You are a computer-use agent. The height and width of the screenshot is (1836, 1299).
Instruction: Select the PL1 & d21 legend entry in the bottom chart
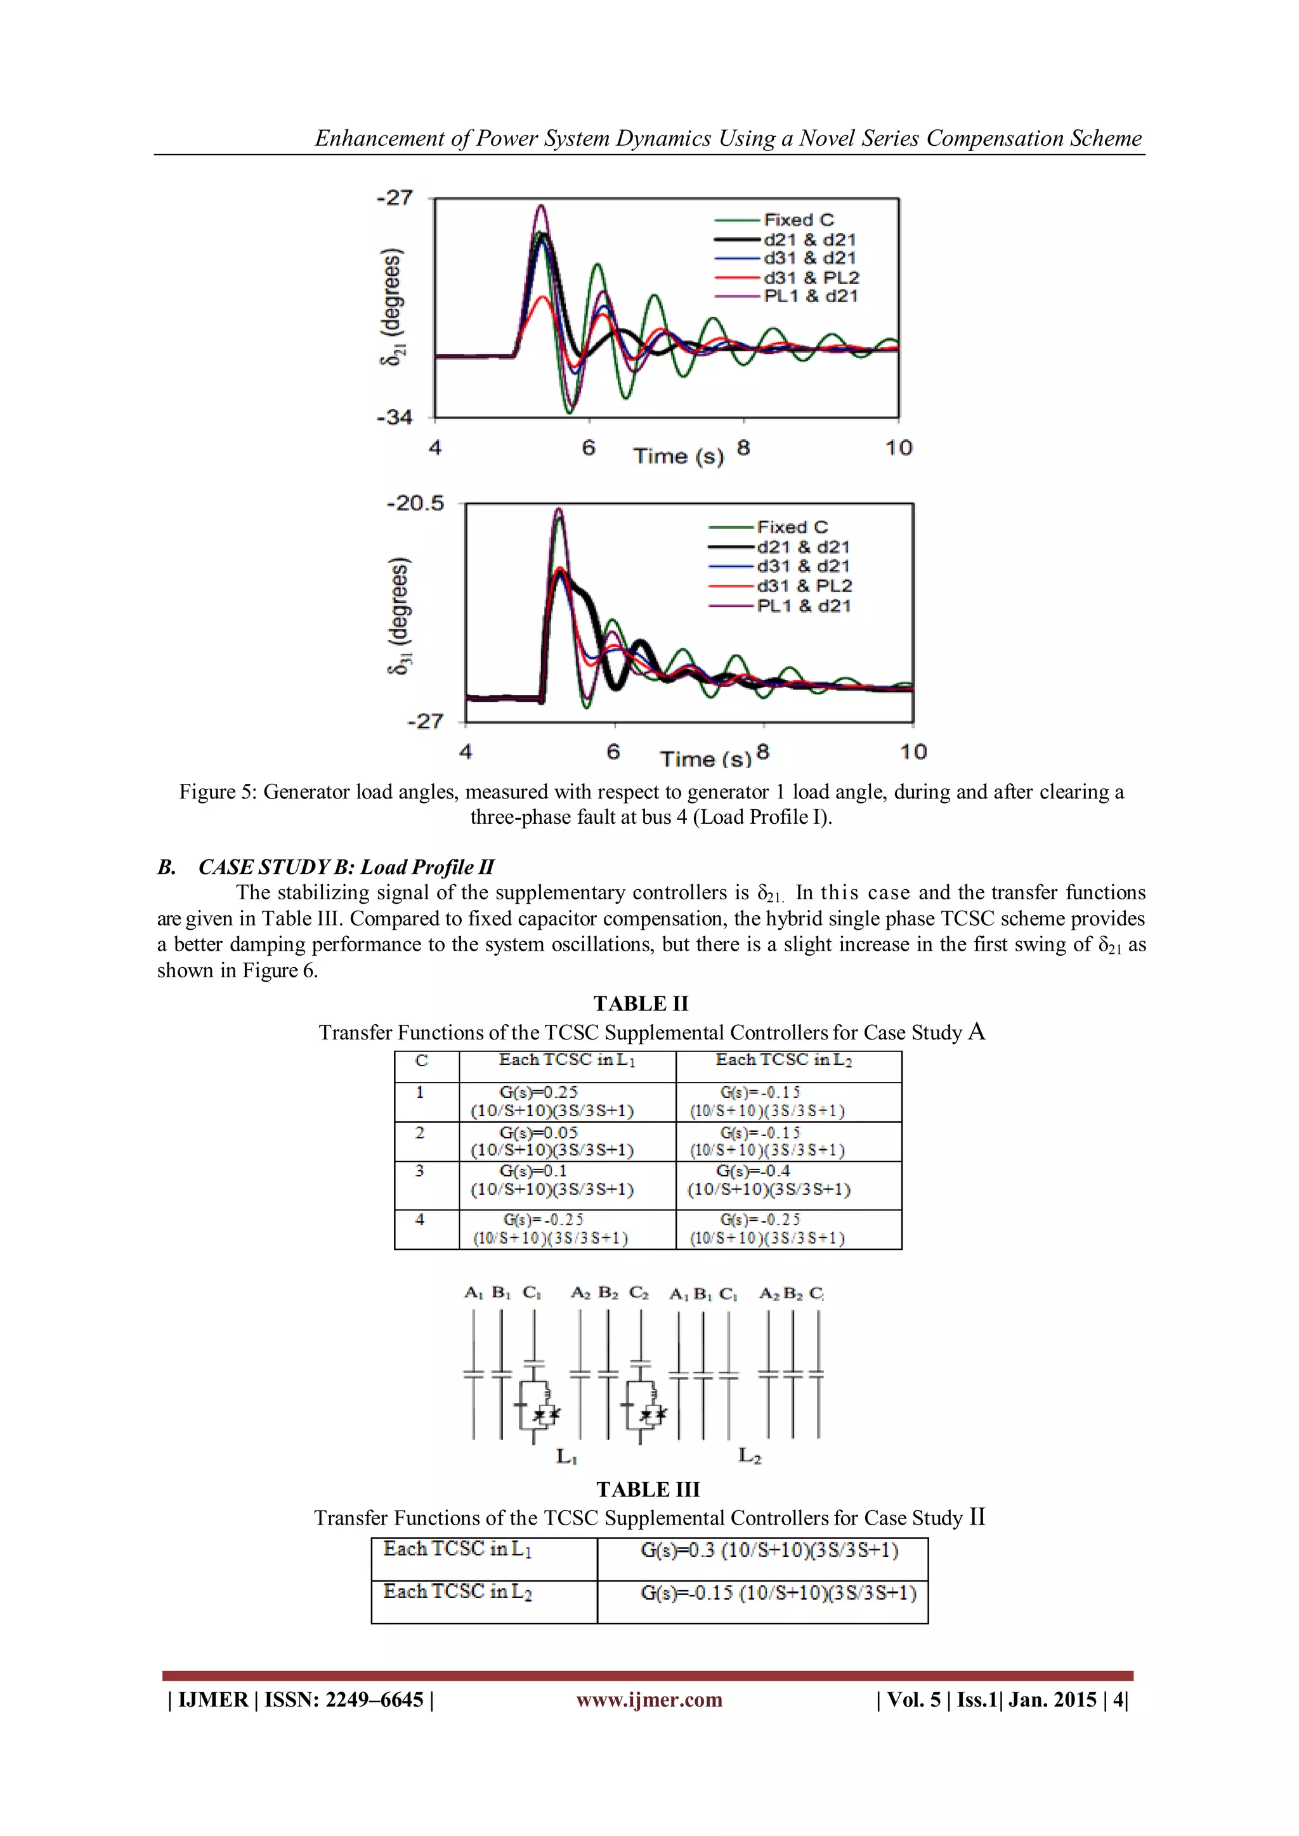tap(803, 606)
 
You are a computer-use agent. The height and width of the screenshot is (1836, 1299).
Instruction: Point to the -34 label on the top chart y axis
tap(395, 417)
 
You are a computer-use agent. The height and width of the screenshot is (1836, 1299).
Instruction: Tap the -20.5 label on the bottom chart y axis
tap(414, 504)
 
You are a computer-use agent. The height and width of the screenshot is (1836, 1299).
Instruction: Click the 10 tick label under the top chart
tap(898, 448)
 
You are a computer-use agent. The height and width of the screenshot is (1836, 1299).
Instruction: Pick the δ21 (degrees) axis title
tap(391, 308)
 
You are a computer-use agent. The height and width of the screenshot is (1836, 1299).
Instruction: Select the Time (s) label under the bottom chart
tap(705, 758)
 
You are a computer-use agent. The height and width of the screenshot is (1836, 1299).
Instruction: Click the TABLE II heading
tap(641, 1003)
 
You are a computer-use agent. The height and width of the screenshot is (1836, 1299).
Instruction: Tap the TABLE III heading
tap(648, 1490)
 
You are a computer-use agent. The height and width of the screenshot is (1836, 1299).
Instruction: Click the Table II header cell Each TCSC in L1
tap(567, 1060)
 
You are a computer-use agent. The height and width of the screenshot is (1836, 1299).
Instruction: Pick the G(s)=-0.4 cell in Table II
tap(769, 1180)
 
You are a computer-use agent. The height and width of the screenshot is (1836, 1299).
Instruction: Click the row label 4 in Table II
tap(420, 1220)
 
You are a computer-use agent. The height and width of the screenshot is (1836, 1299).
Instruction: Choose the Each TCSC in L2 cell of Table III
tap(457, 1592)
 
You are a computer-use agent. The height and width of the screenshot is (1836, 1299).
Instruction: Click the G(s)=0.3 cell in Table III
tap(769, 1551)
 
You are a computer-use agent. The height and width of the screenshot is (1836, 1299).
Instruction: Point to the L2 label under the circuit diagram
tap(750, 1455)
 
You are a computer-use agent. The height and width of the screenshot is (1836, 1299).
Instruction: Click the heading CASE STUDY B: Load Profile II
tap(346, 867)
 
